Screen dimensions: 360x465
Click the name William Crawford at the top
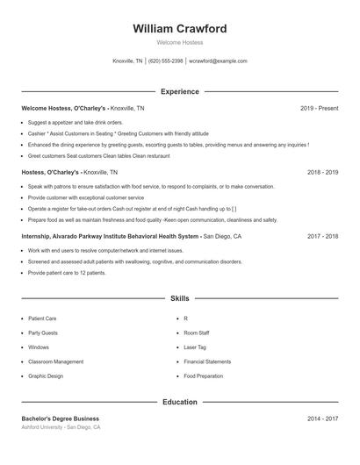180,29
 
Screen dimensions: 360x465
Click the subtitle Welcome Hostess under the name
180,42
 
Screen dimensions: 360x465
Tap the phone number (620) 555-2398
166,61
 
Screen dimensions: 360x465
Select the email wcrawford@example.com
219,61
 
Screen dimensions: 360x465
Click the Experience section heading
180,91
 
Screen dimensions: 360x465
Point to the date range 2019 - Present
319,108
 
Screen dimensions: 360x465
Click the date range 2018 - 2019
322,172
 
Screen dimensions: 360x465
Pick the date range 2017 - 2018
322,236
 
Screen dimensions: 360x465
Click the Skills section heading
180,299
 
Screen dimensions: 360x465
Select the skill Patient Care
42,318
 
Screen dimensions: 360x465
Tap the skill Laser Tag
195,347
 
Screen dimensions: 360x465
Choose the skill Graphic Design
46,376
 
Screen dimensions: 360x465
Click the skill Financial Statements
207,361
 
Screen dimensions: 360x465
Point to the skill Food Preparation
204,376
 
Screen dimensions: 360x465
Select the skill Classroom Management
55,361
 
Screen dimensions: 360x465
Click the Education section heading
180,402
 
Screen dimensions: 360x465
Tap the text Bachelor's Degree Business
61,418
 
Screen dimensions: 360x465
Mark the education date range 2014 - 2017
322,418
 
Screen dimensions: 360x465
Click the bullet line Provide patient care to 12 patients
67,273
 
